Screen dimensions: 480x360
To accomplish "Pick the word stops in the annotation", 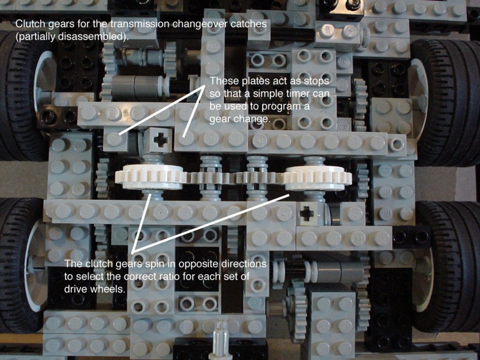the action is (x=317, y=81).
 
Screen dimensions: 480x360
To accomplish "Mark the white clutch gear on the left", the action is (x=151, y=177).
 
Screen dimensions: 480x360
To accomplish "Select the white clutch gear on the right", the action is (x=318, y=178).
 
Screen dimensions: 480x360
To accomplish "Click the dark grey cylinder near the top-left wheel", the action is (x=134, y=87).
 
